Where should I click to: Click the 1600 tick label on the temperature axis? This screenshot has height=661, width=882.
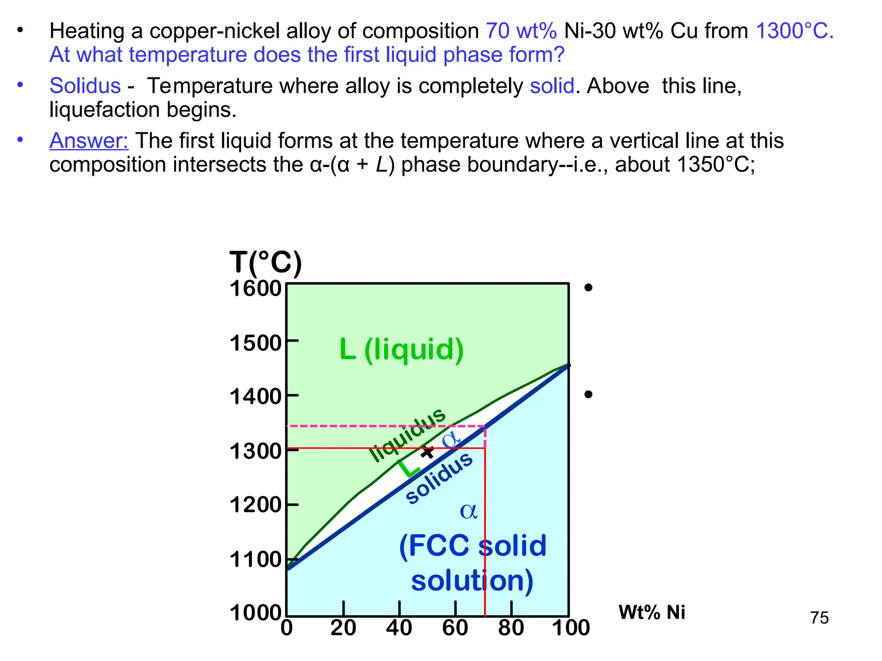pos(255,289)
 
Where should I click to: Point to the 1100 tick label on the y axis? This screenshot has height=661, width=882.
pos(255,560)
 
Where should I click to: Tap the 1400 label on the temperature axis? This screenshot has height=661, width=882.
pos(255,397)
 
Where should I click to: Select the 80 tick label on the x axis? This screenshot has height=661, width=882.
pos(511,628)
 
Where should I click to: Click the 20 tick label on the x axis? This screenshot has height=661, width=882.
pos(343,628)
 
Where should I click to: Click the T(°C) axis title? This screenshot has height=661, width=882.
pos(265,263)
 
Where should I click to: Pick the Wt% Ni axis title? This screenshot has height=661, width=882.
pos(652,612)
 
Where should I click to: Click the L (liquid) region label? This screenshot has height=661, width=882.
pos(401,349)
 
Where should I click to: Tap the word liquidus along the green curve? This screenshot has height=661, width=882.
pos(408,435)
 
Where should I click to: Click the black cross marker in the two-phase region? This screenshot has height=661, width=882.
pos(427,452)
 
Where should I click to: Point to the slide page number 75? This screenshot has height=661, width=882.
pos(819,618)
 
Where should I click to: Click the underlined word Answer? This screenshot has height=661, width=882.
pos(89,141)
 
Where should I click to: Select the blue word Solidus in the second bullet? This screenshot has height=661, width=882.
pos(85,86)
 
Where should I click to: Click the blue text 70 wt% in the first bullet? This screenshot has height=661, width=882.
pos(521,31)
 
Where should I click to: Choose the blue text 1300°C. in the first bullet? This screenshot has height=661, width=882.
pos(795,31)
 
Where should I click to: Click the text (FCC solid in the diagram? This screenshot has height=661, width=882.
pos(472,546)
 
